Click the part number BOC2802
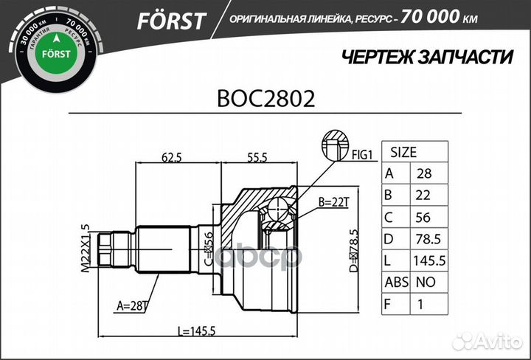coord(265,99)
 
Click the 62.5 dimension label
coord(171,156)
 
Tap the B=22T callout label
coord(333,201)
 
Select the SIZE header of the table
coord(403,153)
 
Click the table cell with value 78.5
coord(427,239)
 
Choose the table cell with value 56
coord(426,218)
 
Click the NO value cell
coord(426,282)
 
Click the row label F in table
coord(389,303)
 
